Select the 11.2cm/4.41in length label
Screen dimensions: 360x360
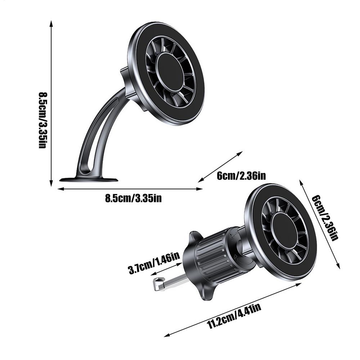[x=234, y=316]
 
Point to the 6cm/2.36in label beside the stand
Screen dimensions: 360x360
[x=241, y=176]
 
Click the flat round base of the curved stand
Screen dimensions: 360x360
[x=89, y=179]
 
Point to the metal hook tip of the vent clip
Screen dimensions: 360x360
[x=157, y=284]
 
